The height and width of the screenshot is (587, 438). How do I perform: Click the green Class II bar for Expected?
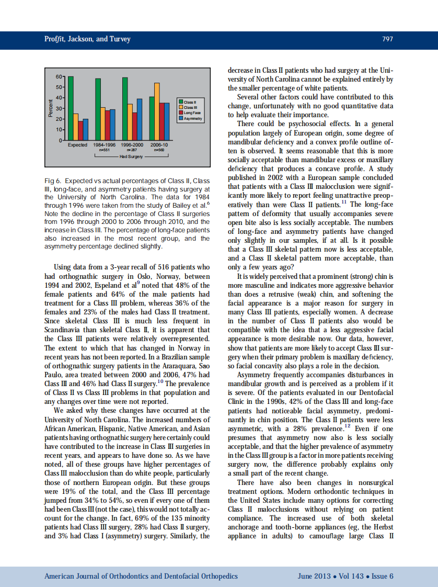tap(71, 108)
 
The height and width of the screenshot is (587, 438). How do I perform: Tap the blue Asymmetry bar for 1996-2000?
tap(140, 119)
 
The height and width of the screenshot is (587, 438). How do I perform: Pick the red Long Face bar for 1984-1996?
tap(108, 125)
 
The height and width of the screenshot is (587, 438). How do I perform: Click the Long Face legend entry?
tap(192, 113)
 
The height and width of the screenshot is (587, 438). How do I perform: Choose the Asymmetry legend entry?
tap(192, 119)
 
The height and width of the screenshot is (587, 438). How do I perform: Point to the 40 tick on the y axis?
tap(59, 98)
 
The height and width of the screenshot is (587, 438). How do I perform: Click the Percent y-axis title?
tap(51, 108)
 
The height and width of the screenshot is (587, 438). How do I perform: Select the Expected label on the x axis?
tap(77, 145)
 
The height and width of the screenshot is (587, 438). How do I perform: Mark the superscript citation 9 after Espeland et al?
tap(138, 283)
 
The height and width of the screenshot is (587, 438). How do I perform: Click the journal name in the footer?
tap(141, 576)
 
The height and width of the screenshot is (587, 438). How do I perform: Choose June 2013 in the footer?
tap(314, 576)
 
